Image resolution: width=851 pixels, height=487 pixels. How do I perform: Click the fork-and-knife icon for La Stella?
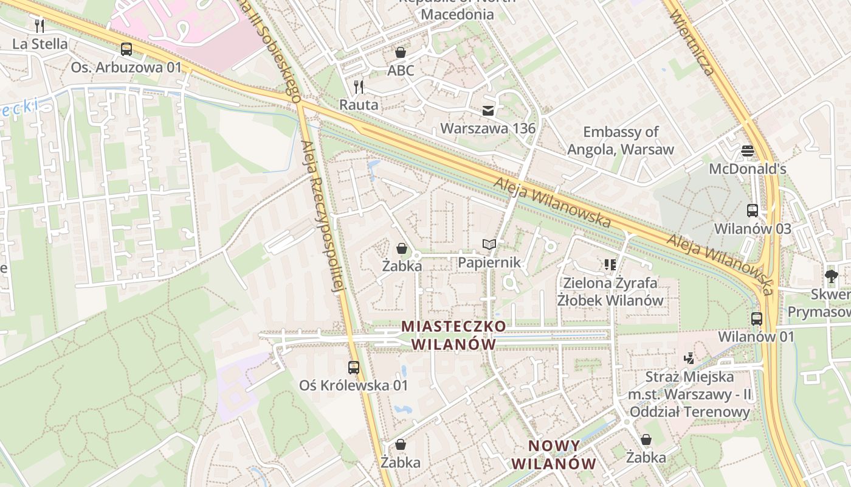40,26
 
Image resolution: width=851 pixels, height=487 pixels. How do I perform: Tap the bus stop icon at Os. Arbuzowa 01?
126,49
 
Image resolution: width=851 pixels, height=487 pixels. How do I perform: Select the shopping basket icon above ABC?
401,52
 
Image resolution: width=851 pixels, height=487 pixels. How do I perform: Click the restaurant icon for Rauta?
359,87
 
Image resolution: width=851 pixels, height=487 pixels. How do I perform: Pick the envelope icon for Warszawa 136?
488,111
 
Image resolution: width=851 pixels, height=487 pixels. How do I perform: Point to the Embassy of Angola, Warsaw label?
621,141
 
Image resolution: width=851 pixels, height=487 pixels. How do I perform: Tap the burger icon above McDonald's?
748,150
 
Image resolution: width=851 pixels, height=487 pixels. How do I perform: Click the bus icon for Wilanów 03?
753,211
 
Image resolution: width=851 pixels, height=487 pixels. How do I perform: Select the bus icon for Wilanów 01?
757,318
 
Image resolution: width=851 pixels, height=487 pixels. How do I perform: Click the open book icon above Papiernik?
489,245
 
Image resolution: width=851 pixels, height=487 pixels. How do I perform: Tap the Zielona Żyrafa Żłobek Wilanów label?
610,292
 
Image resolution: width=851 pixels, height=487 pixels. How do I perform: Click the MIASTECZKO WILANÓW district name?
453,335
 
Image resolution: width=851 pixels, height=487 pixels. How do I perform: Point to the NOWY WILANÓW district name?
553,455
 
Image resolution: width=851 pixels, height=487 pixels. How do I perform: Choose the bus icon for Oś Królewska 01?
354,367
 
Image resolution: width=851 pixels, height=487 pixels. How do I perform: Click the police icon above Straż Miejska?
689,359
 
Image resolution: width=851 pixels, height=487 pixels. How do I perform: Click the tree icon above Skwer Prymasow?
832,276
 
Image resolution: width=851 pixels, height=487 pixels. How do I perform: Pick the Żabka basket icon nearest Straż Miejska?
646,440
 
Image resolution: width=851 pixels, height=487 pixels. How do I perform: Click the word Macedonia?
457,14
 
